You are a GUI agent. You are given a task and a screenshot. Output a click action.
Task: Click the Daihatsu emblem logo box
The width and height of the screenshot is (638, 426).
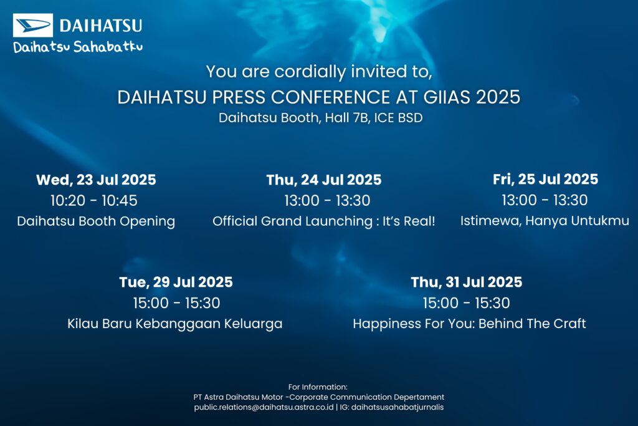pyautogui.click(x=33, y=25)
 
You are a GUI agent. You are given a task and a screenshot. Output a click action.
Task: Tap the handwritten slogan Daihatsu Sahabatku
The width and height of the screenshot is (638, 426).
pyautogui.click(x=78, y=47)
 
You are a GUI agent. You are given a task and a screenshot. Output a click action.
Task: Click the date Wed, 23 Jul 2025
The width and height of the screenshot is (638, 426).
pyautogui.click(x=96, y=180)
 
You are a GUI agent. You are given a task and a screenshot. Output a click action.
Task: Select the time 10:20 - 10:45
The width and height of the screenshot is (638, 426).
pyautogui.click(x=94, y=200)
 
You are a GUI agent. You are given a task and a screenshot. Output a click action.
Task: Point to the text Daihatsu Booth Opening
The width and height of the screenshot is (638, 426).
pyautogui.click(x=96, y=221)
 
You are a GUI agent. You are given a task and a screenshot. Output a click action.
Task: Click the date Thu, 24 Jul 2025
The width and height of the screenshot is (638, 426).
pyautogui.click(x=324, y=180)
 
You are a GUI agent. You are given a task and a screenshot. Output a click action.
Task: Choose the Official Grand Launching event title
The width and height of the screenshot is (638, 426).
pyautogui.click(x=324, y=221)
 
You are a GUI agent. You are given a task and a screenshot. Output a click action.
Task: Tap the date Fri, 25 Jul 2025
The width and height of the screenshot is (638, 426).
pyautogui.click(x=545, y=179)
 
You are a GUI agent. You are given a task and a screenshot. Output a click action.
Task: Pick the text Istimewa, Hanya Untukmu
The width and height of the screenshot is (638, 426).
pyautogui.click(x=545, y=220)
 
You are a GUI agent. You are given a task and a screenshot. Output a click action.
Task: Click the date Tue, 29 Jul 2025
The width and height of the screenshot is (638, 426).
pyautogui.click(x=176, y=282)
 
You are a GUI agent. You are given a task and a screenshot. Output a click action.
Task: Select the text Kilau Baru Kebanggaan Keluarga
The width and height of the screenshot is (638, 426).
pyautogui.click(x=175, y=324)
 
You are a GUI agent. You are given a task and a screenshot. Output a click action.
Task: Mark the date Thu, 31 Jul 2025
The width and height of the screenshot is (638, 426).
pyautogui.click(x=466, y=282)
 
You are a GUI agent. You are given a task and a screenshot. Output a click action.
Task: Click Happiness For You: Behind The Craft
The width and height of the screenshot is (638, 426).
pyautogui.click(x=469, y=323)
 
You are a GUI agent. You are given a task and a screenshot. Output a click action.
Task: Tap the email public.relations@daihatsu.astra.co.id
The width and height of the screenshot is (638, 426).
pyautogui.click(x=264, y=407)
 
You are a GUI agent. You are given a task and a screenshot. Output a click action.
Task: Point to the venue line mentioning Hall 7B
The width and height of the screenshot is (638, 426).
pyautogui.click(x=321, y=118)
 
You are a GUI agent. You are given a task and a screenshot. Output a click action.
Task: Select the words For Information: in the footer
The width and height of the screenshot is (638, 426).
pyautogui.click(x=318, y=387)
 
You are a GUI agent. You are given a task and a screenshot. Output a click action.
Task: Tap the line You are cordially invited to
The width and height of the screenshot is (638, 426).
pyautogui.click(x=319, y=72)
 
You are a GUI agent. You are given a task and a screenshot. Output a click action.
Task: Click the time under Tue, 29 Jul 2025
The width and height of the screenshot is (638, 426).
pyautogui.click(x=176, y=303)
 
